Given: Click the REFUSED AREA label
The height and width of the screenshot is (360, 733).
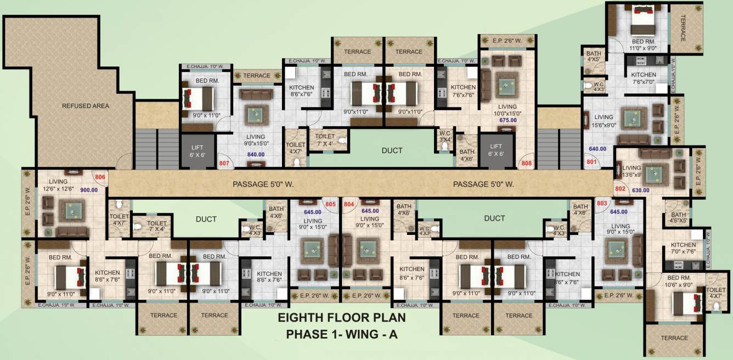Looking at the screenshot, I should coord(85,106).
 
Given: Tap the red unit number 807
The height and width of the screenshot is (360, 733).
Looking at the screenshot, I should coord(224,163).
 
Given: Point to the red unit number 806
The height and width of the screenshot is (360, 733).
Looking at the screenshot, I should coord(100,177).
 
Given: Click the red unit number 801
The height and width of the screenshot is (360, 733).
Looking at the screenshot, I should coord(591,162).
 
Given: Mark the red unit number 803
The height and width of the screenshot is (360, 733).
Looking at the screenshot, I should coord(602,203).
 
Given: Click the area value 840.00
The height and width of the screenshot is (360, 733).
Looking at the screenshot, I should coord(256,155).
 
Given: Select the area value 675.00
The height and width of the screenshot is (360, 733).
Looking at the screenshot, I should coord(509,119).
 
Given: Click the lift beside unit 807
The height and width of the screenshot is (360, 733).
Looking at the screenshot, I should coord(197,150).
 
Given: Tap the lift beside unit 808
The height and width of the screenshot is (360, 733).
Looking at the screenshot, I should coord(495,150).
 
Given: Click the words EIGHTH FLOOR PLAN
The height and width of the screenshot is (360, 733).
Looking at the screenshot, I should coord(341,318).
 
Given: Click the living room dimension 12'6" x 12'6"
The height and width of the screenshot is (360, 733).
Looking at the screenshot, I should coord(58,189).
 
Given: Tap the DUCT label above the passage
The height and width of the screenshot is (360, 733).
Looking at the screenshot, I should coord(392,150).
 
